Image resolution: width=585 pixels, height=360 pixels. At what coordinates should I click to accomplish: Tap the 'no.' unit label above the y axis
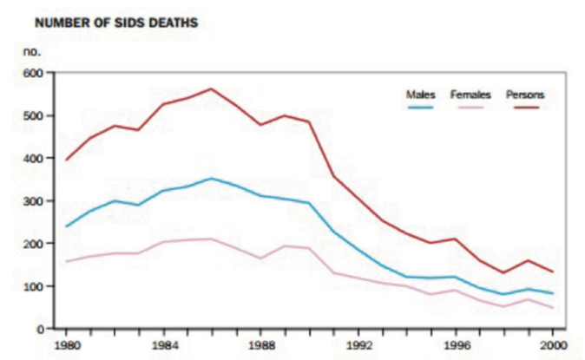(x=32, y=52)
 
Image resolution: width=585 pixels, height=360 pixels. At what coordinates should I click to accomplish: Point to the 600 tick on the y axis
(x=32, y=73)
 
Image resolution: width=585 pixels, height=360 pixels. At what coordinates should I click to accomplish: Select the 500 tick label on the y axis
(x=32, y=115)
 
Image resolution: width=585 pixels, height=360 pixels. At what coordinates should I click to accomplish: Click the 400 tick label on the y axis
(x=32, y=158)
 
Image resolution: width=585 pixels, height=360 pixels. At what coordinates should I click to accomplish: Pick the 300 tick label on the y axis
(x=32, y=200)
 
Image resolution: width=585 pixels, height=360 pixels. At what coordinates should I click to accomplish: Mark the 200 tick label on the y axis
(x=32, y=244)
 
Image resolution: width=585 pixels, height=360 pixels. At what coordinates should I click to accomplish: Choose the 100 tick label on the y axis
(x=32, y=286)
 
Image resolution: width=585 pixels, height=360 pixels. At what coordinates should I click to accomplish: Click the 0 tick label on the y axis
(x=38, y=329)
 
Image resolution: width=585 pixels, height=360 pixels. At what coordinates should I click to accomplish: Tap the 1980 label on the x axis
(x=65, y=344)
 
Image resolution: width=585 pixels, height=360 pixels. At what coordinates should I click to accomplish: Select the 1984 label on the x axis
(x=163, y=344)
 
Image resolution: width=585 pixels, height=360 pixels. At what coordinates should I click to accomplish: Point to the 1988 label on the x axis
(x=260, y=344)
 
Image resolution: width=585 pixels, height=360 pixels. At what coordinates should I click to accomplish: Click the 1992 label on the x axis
(x=358, y=344)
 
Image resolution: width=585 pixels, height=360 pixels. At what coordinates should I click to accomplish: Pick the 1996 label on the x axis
(x=455, y=344)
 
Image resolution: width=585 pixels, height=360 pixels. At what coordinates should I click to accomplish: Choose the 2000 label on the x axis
(x=552, y=344)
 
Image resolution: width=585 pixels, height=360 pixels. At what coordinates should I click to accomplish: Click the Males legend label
(x=420, y=94)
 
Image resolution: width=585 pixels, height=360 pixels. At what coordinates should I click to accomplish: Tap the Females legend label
(x=470, y=94)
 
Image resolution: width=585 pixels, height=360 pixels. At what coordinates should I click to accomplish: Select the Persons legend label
(x=523, y=94)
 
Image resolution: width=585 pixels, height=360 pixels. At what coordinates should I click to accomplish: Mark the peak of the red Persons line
(x=211, y=88)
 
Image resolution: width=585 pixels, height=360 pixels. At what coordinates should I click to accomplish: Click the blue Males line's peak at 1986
(x=211, y=179)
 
